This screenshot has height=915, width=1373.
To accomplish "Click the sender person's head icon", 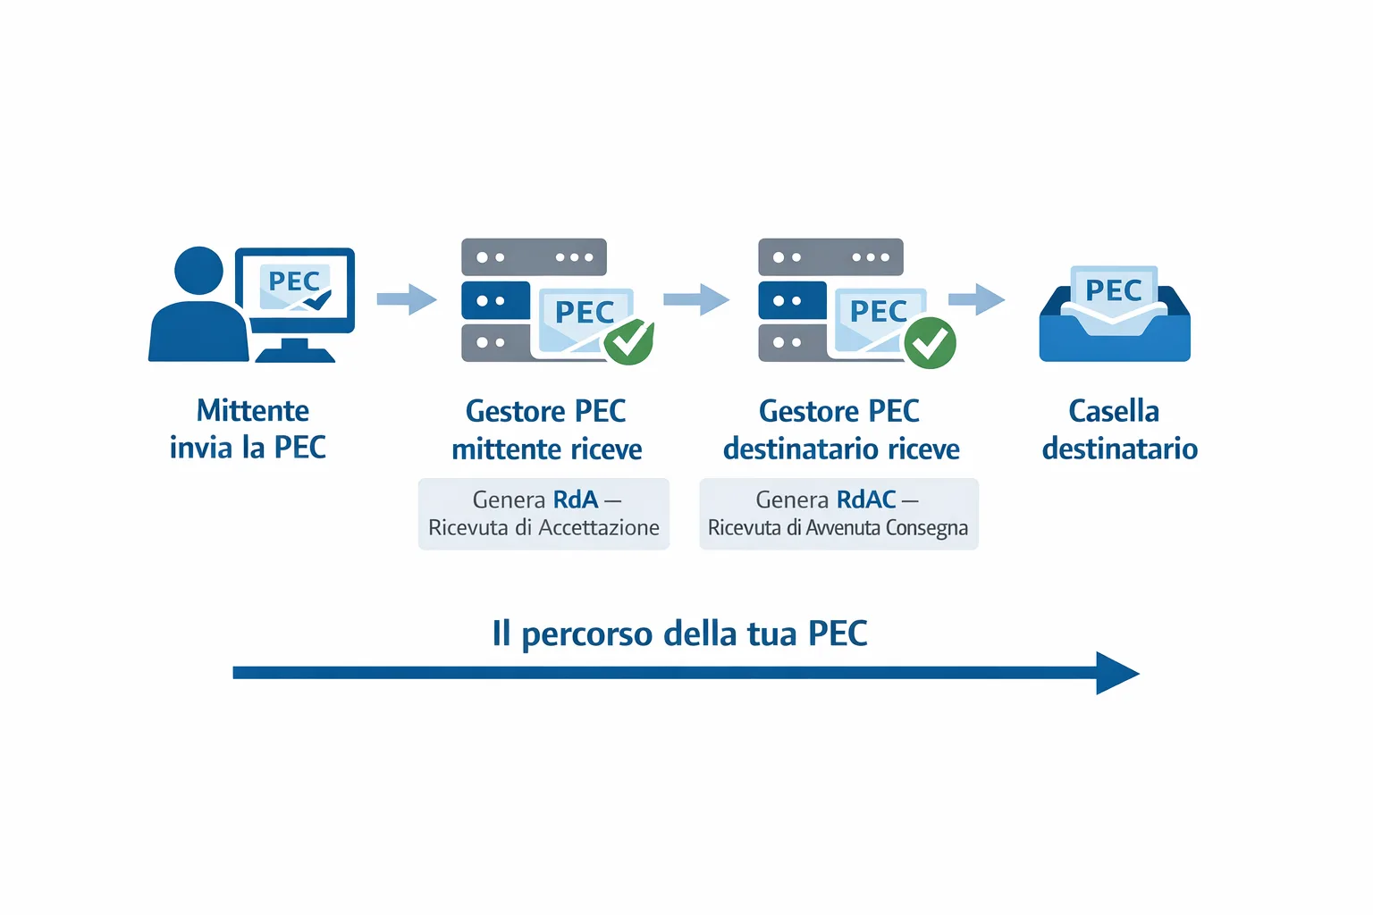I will point(198,270).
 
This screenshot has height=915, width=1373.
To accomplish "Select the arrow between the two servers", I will point(696,299).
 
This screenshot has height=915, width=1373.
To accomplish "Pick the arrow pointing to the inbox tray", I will point(977,299).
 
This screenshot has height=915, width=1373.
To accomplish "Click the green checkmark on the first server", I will point(629,340).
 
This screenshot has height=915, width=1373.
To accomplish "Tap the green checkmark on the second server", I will point(930,342).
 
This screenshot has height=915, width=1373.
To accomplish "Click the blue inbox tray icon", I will point(1114,340).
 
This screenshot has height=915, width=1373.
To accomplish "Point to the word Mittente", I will point(253,411).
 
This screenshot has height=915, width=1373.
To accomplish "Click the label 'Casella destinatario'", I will point(1118,430).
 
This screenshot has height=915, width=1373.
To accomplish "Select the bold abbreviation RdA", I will point(575,499).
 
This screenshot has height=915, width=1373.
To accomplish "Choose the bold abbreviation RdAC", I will point(865,499).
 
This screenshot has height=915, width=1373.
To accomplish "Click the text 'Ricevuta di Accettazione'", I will point(543,528).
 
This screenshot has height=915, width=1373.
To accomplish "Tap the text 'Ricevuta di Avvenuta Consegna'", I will point(838,528).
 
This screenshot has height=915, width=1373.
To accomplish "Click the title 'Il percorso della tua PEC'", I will point(679,634).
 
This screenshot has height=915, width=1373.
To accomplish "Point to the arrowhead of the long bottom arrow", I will point(1116,673).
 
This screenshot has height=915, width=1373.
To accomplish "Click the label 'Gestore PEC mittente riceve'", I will point(546,430).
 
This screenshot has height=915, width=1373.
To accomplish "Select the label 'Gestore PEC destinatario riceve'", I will point(840,430).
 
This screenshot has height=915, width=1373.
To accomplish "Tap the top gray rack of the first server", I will point(534,257).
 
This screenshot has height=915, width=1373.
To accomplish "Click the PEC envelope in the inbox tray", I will point(1114,290).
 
